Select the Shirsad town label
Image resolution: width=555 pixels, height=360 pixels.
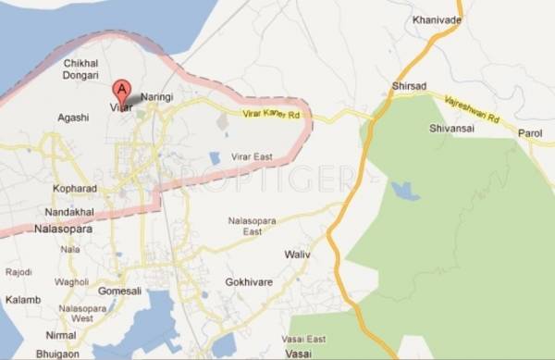coord(409,85)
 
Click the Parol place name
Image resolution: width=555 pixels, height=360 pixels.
coord(530,132)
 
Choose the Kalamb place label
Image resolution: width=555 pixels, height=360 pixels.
coord(22,301)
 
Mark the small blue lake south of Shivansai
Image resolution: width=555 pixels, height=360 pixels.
coord(405,192)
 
